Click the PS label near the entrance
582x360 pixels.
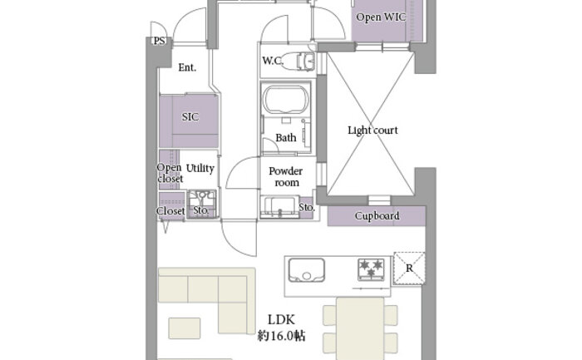[158, 41]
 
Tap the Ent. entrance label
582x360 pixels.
[187, 67]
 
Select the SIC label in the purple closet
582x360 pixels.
[190, 117]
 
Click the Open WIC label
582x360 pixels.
[380, 17]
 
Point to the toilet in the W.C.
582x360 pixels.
[298, 61]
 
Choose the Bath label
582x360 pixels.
[286, 138]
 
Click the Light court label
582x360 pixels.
[372, 131]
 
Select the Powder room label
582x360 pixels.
[284, 176]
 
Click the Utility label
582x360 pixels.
[200, 168]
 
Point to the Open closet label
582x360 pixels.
[170, 172]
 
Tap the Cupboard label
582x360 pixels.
[377, 216]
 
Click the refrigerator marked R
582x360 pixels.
[408, 268]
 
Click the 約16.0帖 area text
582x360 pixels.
[281, 336]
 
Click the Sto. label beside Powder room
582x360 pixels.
[306, 206]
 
